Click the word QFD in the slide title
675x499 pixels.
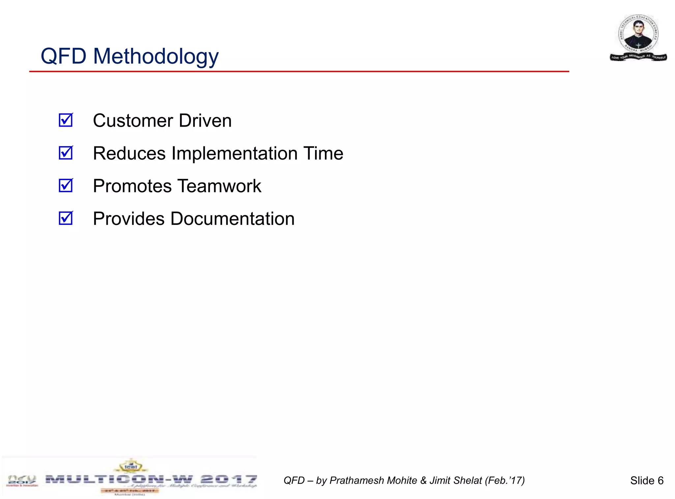(x=63, y=56)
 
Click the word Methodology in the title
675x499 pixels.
(x=156, y=57)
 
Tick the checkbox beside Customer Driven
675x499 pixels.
(x=66, y=120)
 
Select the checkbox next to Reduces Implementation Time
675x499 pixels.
(x=66, y=153)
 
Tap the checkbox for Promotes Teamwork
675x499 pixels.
(x=66, y=186)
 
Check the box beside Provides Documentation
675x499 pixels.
(x=66, y=218)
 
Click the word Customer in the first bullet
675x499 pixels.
(x=133, y=121)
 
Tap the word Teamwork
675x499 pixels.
(x=220, y=186)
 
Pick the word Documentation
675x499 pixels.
(x=232, y=219)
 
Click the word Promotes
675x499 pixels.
(x=132, y=186)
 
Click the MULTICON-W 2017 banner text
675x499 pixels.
(x=151, y=479)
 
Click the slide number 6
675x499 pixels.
(x=660, y=481)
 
